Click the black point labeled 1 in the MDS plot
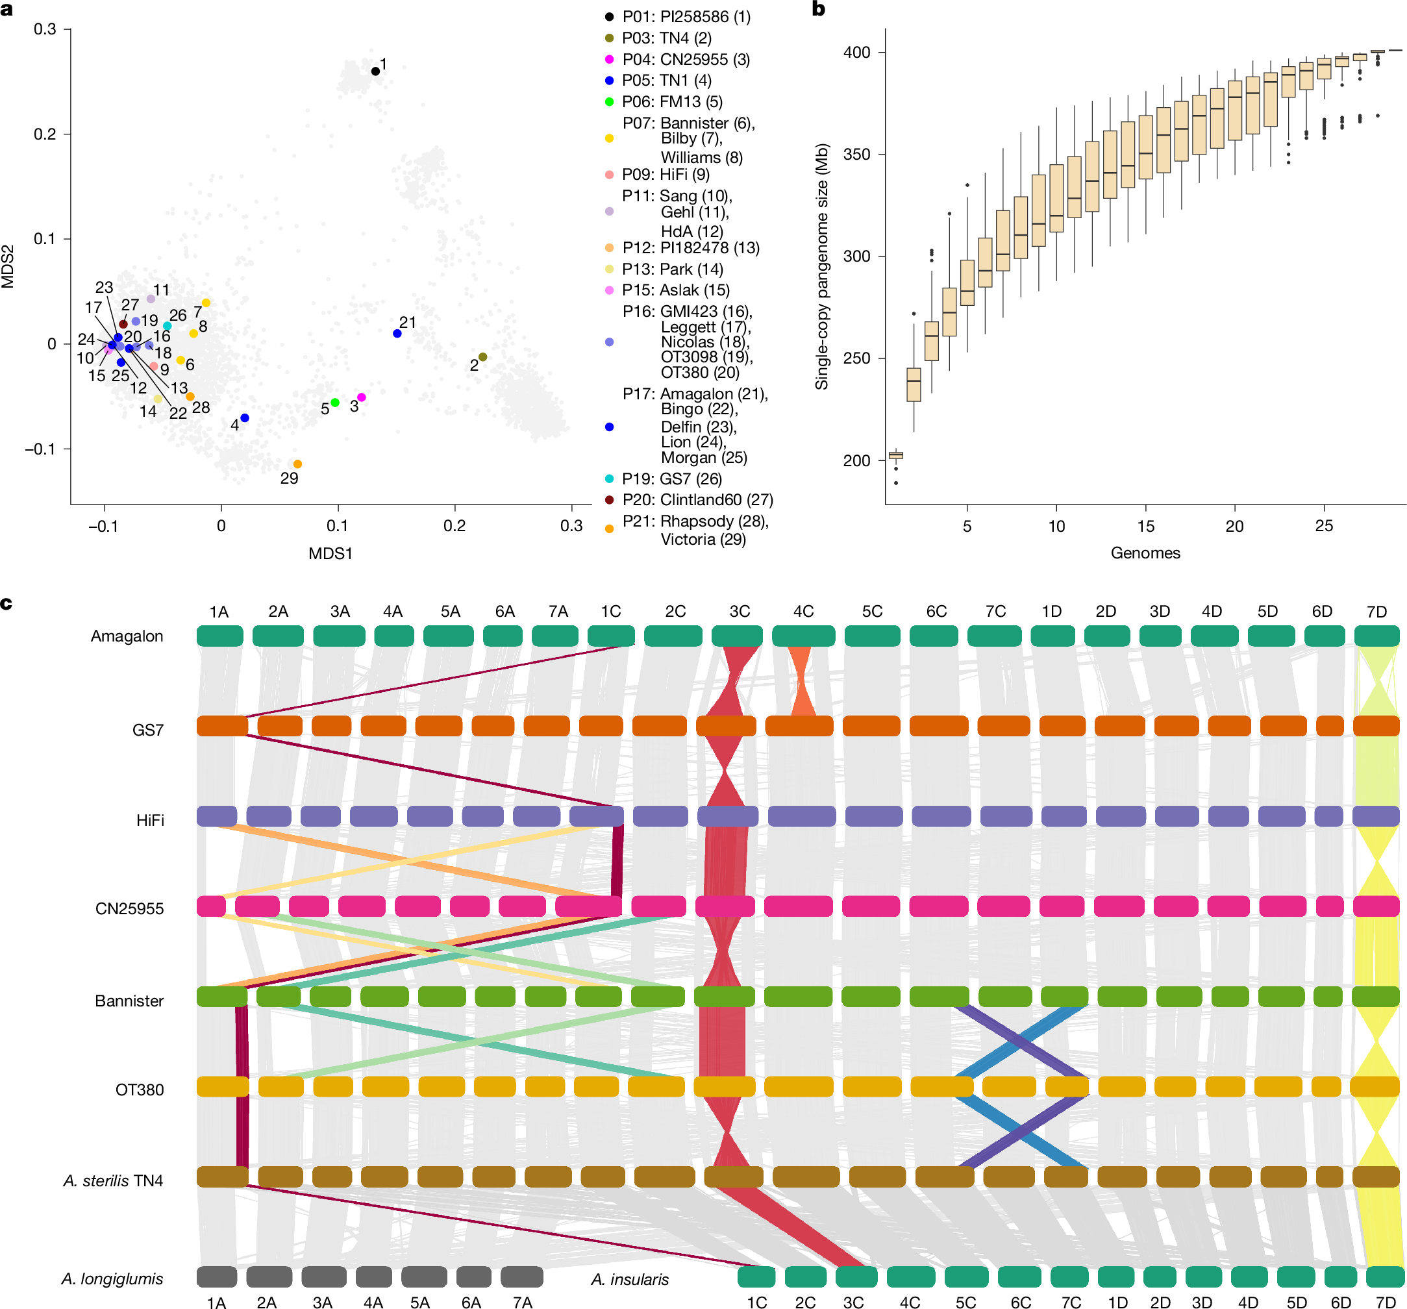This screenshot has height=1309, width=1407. (375, 71)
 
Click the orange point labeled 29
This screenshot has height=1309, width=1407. (297, 464)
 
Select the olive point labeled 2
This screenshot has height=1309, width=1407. (482, 357)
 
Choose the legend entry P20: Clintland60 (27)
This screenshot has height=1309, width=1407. (697, 500)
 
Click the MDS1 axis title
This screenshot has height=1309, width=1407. (330, 553)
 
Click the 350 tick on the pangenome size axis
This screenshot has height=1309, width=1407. (856, 155)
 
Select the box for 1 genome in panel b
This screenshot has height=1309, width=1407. (895, 455)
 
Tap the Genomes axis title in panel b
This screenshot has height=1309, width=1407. (1145, 553)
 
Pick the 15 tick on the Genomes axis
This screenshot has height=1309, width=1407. (1145, 526)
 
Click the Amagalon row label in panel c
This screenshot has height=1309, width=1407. (127, 636)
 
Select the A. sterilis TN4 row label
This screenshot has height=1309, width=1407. (113, 1180)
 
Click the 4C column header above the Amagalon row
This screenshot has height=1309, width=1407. (803, 611)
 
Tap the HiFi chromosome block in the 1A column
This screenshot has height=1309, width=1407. (217, 816)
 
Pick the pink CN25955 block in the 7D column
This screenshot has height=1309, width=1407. (1376, 906)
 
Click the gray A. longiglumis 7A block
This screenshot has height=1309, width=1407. (521, 1277)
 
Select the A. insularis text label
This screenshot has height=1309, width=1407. (630, 1279)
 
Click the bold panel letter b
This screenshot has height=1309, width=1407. (818, 9)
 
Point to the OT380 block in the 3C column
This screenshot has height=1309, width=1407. (724, 1086)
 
